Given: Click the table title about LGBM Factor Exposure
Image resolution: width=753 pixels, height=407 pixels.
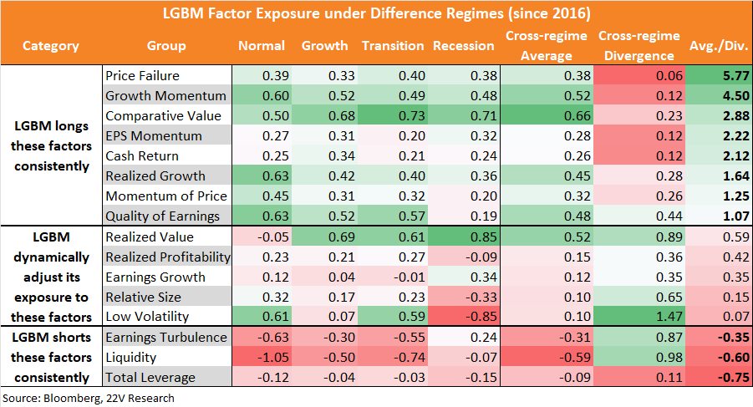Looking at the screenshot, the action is click(x=376, y=13).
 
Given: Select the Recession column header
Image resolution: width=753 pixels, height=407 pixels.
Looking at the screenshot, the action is click(x=464, y=46).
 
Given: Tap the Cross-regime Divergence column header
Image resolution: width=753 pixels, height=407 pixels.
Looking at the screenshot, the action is click(x=639, y=46).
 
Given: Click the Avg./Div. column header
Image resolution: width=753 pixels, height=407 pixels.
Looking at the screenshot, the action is click(x=719, y=46).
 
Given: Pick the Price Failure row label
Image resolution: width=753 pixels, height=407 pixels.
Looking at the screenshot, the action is click(x=142, y=75).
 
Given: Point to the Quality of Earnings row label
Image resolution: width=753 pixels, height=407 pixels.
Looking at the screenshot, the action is click(x=162, y=216).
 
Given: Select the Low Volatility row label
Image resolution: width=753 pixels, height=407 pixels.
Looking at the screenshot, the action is click(x=147, y=316).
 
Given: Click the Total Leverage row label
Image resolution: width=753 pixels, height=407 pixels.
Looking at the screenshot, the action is click(x=150, y=377).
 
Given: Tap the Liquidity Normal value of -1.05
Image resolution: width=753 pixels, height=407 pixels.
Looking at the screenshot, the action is click(x=272, y=358).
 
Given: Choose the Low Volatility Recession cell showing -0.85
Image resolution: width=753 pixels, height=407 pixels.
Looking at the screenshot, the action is click(x=481, y=317).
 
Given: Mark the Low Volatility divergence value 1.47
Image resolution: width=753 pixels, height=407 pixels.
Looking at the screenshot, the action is click(x=669, y=317).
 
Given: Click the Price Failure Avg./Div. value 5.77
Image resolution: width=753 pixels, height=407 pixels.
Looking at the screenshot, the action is click(x=735, y=76).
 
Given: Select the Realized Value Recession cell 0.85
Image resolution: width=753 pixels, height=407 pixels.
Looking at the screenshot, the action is click(x=484, y=237).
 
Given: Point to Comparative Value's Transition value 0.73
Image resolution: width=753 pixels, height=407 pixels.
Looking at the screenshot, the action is click(x=411, y=116).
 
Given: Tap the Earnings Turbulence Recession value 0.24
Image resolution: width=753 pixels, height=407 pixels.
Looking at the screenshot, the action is click(x=484, y=338).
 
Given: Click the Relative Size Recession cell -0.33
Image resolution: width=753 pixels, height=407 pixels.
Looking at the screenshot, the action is click(x=481, y=297).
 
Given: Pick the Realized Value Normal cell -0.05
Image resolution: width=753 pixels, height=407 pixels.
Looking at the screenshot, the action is click(x=272, y=237).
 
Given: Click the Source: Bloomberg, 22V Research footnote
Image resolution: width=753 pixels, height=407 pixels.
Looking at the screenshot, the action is click(x=89, y=399).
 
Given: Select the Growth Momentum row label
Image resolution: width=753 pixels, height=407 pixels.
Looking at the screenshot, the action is click(x=165, y=95).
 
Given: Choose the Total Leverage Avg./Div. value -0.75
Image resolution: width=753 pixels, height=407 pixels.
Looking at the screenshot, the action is click(x=733, y=378).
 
